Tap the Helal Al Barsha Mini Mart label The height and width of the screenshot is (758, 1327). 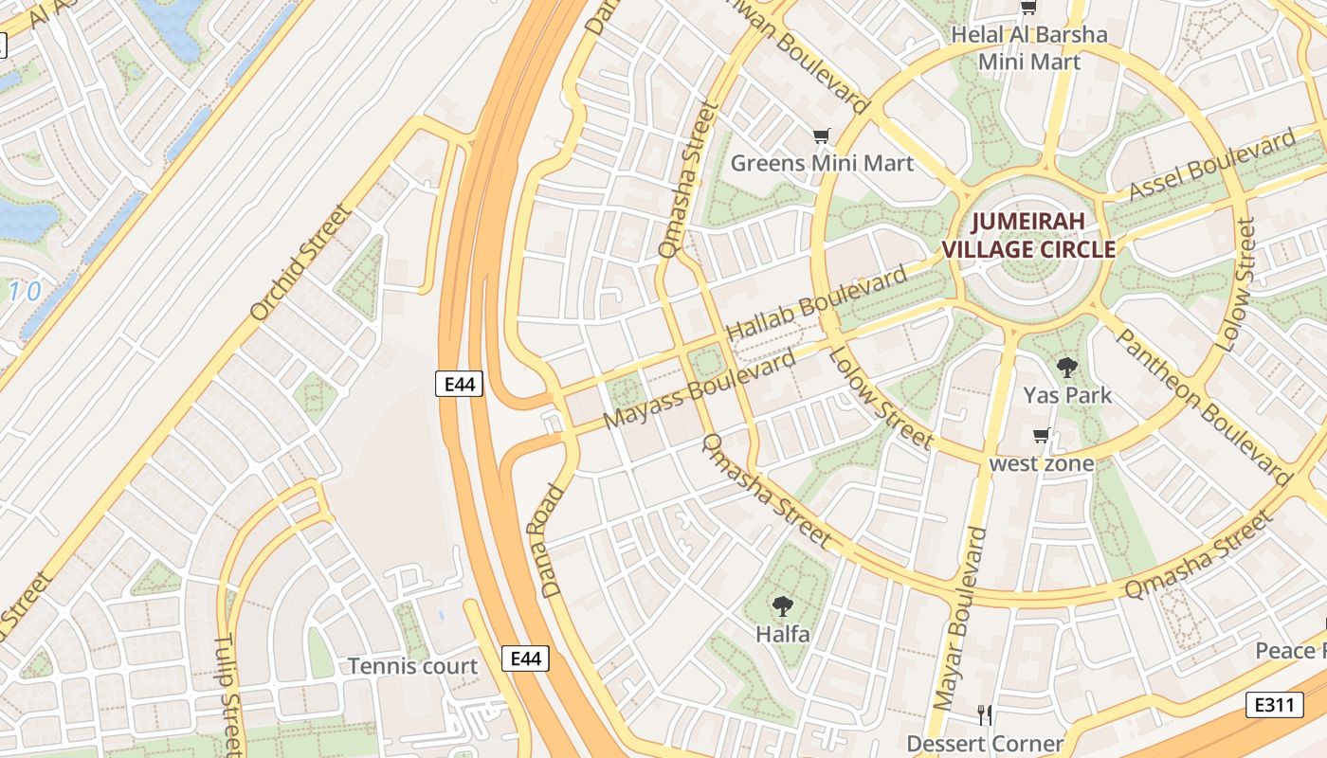click(x=1028, y=48)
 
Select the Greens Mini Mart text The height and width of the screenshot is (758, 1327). click(x=822, y=163)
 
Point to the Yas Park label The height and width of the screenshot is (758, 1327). click(x=1067, y=394)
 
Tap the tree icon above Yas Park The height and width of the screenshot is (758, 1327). click(x=1067, y=367)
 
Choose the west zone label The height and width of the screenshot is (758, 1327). click(x=1041, y=463)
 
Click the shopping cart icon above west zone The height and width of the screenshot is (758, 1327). click(x=1041, y=436)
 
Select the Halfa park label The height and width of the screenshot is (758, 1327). click(x=782, y=633)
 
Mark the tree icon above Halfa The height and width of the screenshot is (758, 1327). click(x=782, y=605)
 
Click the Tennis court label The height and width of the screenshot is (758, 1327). click(x=412, y=666)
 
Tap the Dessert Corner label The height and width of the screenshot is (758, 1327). click(x=985, y=743)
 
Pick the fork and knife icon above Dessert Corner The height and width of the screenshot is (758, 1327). click(x=985, y=714)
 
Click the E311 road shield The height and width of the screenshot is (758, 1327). click(x=1274, y=704)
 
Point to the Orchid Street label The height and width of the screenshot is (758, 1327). click(x=300, y=262)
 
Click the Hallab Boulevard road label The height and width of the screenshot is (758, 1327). click(x=816, y=304)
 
